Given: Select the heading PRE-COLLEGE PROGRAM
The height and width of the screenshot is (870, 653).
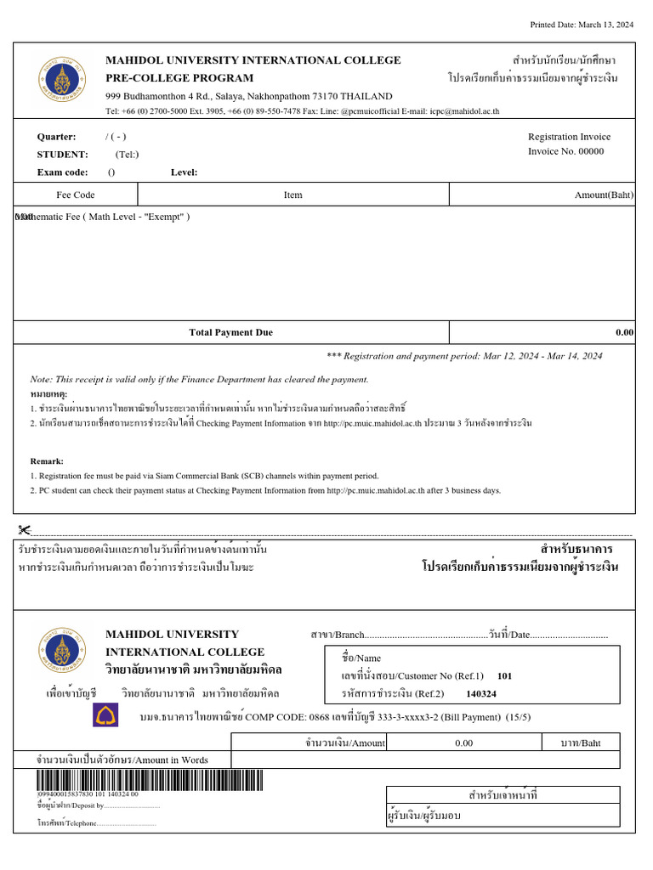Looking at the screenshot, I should click(179, 77).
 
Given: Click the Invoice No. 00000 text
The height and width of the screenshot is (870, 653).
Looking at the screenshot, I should click(565, 151).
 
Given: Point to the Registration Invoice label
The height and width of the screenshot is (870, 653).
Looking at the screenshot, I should click(569, 136).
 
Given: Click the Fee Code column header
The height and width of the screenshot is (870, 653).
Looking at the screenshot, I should click(76, 195).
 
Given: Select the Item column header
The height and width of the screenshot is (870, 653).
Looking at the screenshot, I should click(292, 195).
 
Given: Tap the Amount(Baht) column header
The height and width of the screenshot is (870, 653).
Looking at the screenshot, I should click(604, 195).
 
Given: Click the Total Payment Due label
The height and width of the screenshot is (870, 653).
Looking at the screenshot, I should click(230, 332).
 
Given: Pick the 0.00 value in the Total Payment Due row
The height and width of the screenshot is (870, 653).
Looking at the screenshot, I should click(624, 332).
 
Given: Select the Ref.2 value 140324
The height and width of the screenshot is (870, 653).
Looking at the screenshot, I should click(481, 693).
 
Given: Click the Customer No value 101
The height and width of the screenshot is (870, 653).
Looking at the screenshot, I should click(504, 676).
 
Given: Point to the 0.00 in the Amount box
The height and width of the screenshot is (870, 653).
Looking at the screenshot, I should click(463, 743).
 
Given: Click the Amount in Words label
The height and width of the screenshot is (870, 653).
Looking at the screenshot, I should click(122, 760).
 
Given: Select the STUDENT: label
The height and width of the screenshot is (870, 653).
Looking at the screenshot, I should click(62, 155).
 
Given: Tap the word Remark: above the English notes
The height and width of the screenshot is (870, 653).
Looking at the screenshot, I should click(47, 460).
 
